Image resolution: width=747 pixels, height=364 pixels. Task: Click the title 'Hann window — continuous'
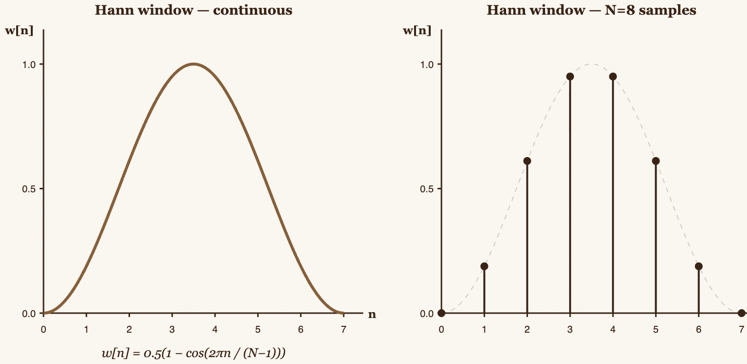194,10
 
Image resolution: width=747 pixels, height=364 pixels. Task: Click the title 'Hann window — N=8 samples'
591,10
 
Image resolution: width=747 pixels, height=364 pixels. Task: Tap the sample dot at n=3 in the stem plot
570,76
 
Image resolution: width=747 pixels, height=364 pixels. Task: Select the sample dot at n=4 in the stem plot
613,76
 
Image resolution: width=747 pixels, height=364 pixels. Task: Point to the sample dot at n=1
484,266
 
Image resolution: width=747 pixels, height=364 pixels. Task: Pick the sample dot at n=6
699,266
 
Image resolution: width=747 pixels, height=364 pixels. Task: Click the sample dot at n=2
527,161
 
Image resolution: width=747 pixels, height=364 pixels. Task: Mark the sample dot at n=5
656,161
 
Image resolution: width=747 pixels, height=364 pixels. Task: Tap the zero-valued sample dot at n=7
742,313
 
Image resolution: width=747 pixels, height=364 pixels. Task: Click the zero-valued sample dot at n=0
441,313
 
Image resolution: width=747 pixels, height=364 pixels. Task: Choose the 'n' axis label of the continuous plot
372,314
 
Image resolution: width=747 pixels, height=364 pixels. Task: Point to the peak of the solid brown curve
194,64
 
